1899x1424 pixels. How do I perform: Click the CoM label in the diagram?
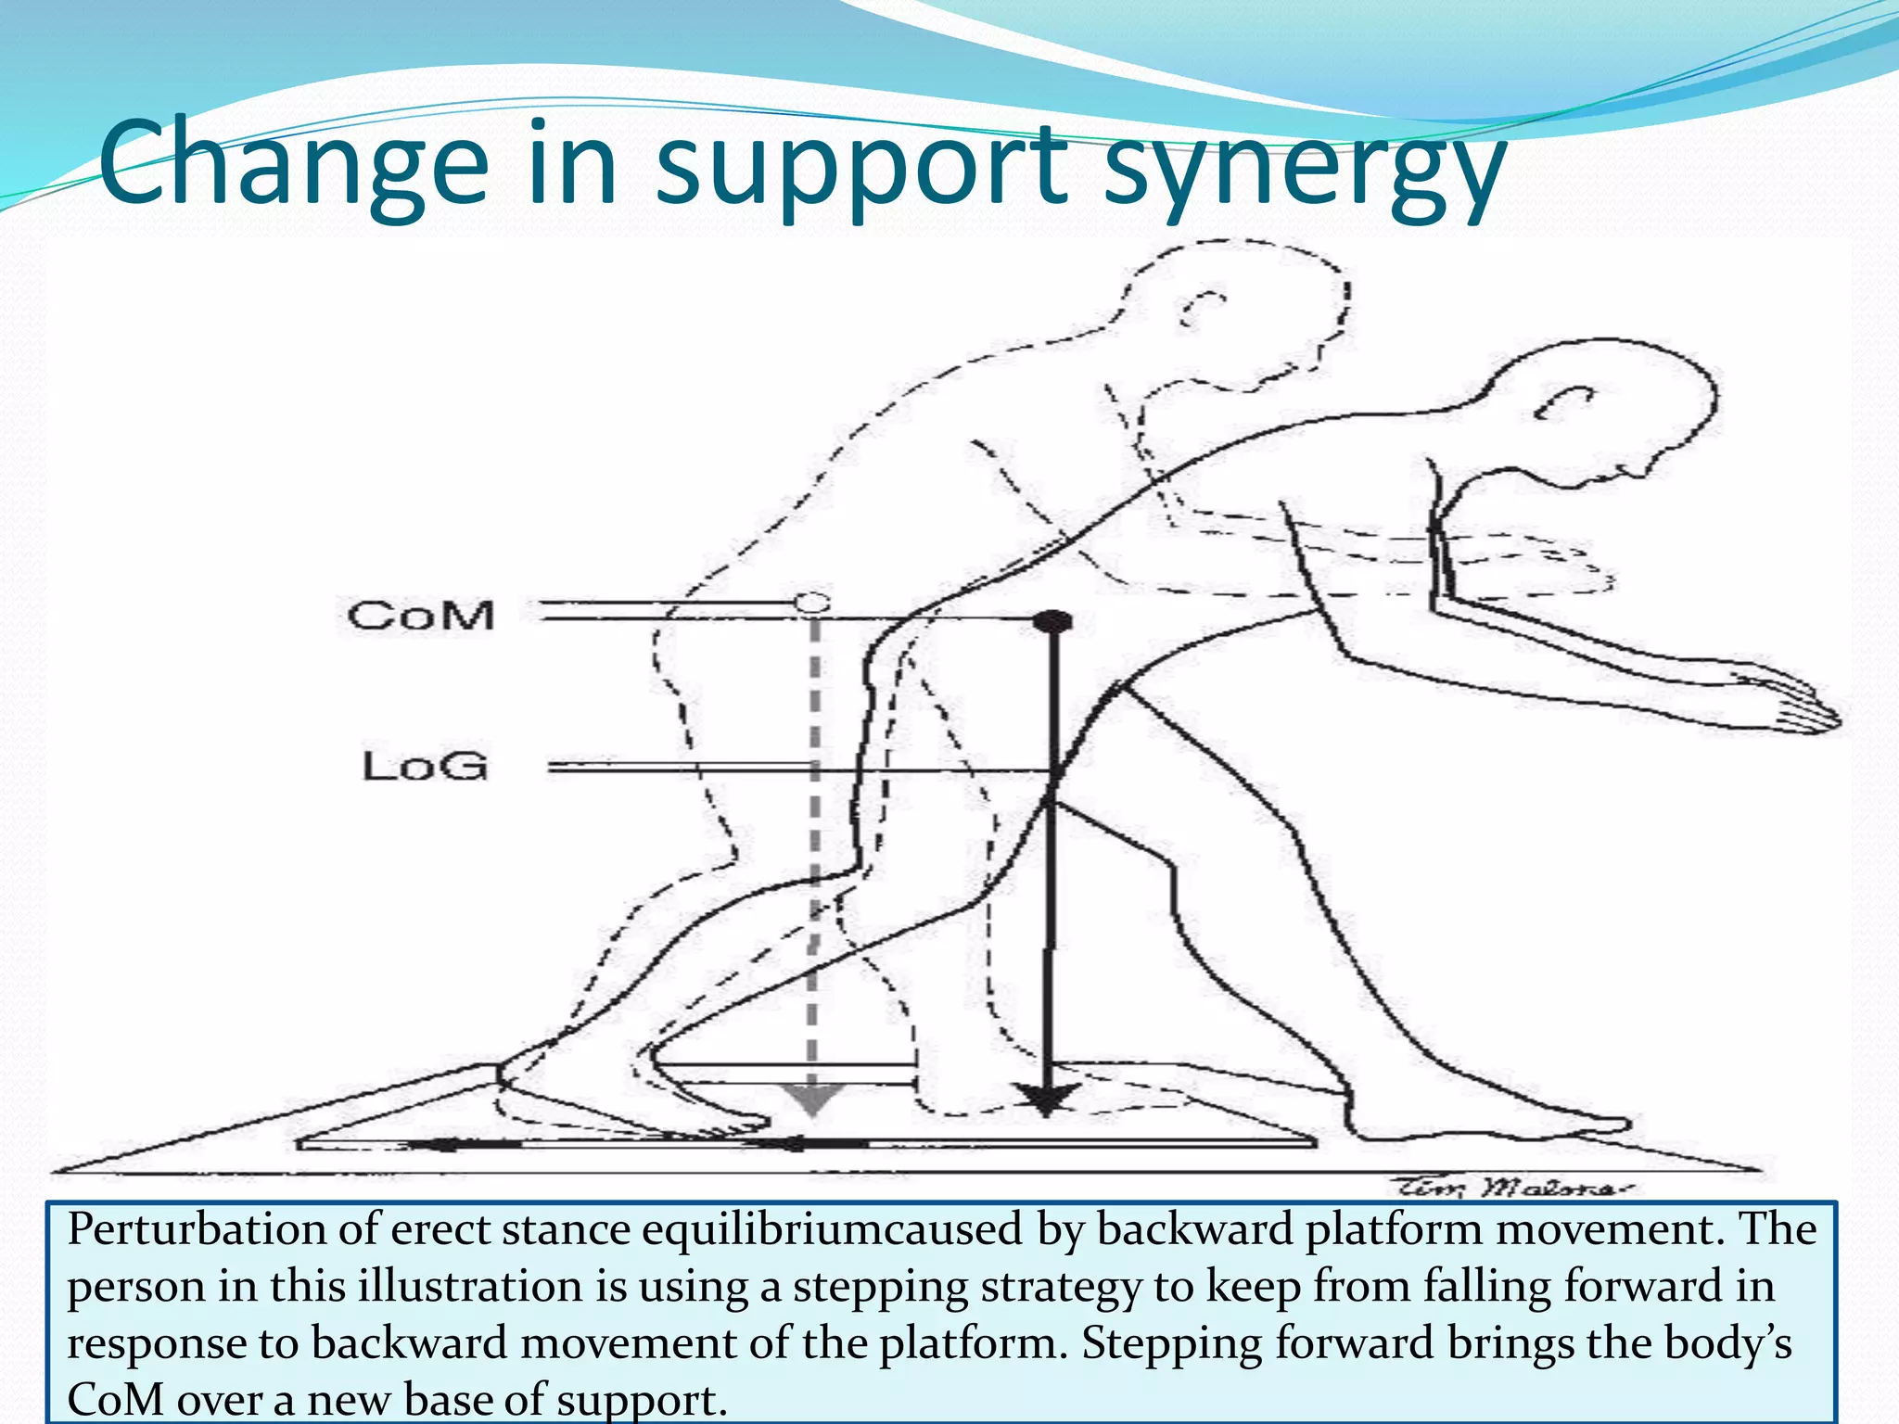[x=421, y=616]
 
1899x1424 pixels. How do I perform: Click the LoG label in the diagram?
[x=425, y=767]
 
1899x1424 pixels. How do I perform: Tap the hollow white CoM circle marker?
[x=811, y=604]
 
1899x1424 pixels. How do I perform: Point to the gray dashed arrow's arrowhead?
[x=812, y=1099]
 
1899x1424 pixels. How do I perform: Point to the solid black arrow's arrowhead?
[x=1047, y=1100]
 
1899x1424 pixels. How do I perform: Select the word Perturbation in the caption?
[x=194, y=1230]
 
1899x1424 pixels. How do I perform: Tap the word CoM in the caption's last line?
[x=114, y=1398]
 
